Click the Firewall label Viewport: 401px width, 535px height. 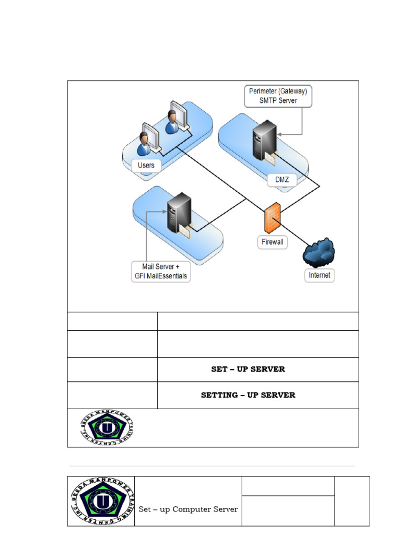(x=272, y=242)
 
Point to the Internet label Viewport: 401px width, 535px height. (x=320, y=275)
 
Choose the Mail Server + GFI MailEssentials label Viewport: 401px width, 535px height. (x=160, y=272)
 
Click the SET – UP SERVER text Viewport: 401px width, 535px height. (x=248, y=369)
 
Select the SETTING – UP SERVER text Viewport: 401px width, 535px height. (x=248, y=396)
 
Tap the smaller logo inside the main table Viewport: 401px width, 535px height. (x=107, y=428)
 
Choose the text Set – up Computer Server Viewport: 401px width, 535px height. (x=188, y=509)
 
